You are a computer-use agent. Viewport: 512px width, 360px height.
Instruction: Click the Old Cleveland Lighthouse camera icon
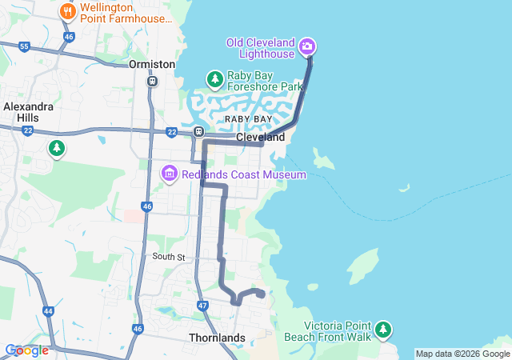(x=307, y=47)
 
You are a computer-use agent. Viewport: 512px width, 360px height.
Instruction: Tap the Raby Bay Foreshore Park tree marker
(x=214, y=79)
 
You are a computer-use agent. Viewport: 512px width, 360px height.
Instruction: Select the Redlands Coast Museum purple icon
(x=169, y=174)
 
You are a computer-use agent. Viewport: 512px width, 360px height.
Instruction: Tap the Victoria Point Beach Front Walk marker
(x=384, y=330)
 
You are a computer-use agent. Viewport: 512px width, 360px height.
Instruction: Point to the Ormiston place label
(x=152, y=64)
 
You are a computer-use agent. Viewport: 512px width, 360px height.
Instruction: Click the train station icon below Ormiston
(x=152, y=81)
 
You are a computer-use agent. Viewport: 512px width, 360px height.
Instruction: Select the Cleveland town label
(x=260, y=138)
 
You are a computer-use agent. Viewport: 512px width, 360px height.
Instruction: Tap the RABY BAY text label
(x=248, y=118)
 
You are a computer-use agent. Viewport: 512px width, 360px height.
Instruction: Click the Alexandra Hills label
(x=28, y=111)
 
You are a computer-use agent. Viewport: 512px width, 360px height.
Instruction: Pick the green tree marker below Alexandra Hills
(x=56, y=148)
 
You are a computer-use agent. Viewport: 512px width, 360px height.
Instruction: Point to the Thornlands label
(x=217, y=338)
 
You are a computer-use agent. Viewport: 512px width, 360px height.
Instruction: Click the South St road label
(x=169, y=257)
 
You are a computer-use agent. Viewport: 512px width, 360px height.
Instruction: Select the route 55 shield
(x=24, y=47)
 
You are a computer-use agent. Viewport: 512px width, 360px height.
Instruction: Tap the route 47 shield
(x=202, y=306)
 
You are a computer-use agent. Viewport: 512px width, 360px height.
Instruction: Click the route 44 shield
(x=48, y=310)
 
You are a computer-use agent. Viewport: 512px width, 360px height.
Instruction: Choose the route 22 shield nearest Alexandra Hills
(x=28, y=130)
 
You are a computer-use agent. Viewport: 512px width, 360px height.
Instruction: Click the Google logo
(x=26, y=350)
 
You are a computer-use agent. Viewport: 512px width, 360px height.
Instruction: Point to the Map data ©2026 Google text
(x=462, y=354)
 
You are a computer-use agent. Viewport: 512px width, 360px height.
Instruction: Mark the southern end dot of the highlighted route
(x=261, y=294)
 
